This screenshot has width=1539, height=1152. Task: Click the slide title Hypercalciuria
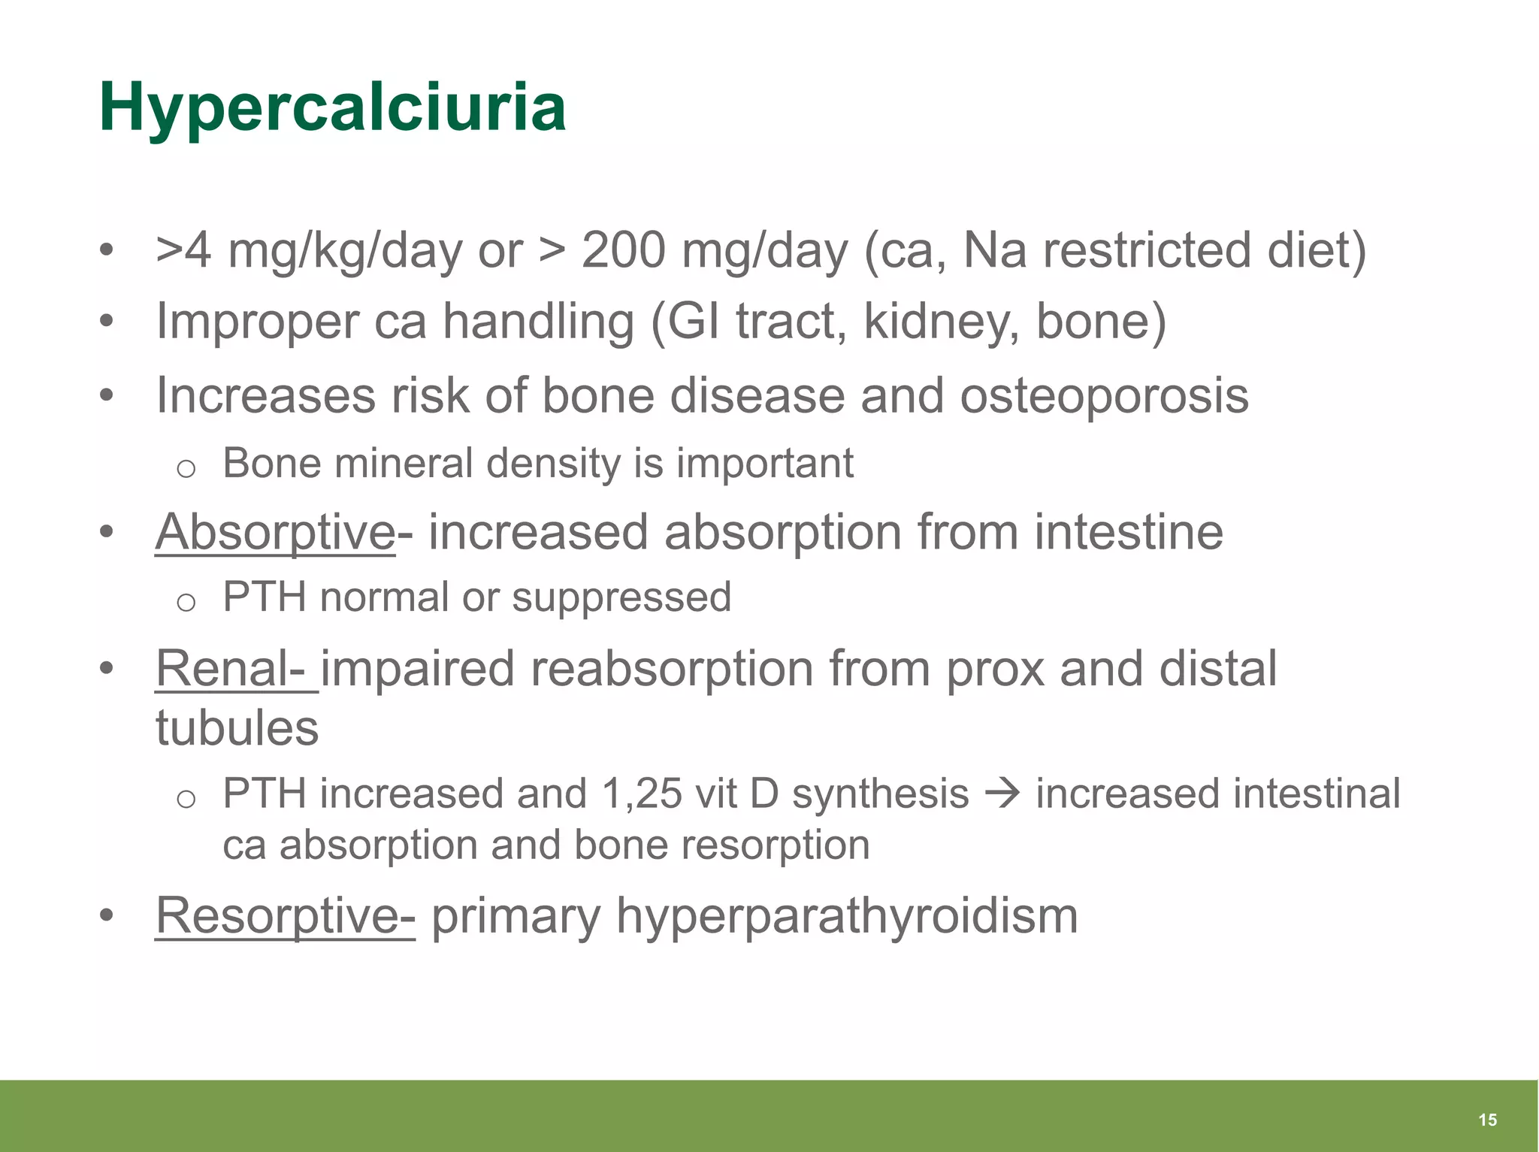click(332, 108)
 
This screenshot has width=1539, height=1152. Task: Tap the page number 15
click(1487, 1120)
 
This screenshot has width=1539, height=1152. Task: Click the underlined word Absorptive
click(275, 532)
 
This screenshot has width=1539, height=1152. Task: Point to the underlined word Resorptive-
click(285, 915)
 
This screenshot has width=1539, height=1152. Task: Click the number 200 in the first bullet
click(623, 250)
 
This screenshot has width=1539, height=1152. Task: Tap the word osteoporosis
click(1104, 395)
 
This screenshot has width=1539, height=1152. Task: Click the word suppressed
click(621, 597)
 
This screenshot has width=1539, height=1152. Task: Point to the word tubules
click(237, 727)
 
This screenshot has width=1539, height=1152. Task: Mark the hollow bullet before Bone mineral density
click(186, 469)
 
